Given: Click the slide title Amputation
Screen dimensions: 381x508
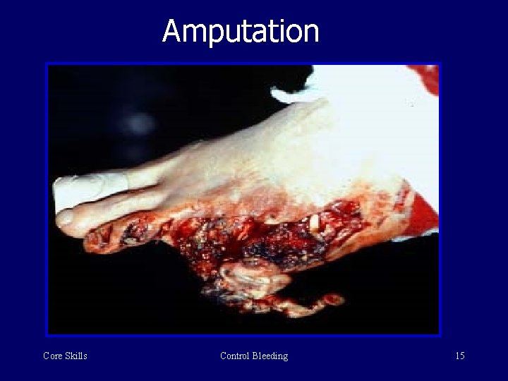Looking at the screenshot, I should coord(241,32).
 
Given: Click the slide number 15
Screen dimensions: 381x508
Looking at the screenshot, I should coord(459,356).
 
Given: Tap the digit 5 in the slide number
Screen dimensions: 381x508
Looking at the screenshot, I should coord(462,356).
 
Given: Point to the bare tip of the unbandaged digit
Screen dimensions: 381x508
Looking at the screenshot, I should coord(65,218).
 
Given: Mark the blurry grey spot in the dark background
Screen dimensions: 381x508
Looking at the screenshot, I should coord(138,123).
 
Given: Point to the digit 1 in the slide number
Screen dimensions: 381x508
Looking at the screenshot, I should coord(456,356).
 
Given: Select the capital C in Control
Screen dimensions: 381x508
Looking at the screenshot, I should coord(224,356).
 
